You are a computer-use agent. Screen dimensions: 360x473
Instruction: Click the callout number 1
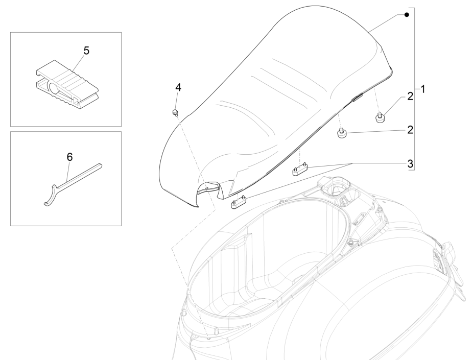[422, 88]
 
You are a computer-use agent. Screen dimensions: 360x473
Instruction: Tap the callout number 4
[178, 88]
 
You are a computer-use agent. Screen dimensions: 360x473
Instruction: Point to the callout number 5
[86, 51]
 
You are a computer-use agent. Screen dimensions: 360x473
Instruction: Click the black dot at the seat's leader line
[407, 14]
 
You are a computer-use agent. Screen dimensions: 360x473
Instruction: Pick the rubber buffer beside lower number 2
[342, 133]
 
